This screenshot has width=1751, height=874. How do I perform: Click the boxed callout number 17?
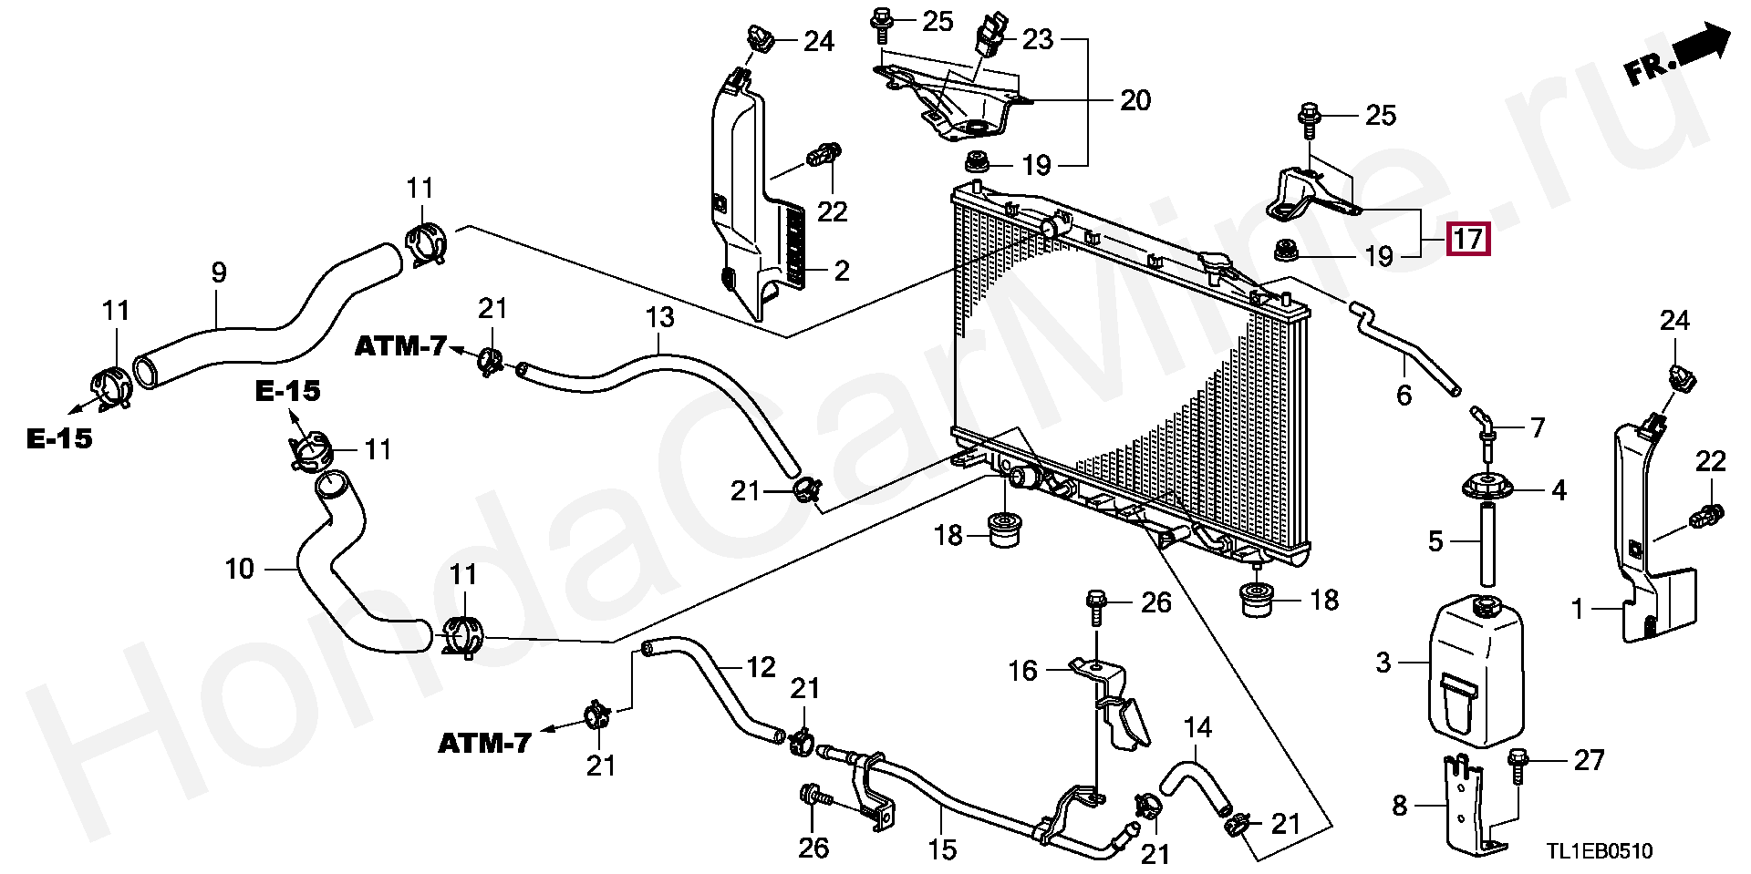(1467, 239)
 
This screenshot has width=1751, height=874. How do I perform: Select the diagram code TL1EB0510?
(1599, 851)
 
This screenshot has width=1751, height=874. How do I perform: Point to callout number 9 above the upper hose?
(219, 272)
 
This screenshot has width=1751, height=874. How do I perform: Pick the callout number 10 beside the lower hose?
(239, 569)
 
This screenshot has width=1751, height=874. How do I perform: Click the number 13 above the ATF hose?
(659, 317)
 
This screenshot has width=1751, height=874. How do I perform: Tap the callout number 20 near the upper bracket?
(1135, 100)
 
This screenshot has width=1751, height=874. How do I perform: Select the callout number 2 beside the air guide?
(841, 271)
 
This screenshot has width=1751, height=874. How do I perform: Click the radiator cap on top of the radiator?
(1215, 264)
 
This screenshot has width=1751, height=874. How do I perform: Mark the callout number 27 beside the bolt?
(1589, 759)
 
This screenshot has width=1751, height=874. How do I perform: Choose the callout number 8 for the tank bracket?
(1400, 805)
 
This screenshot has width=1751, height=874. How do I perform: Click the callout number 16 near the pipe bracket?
(1022, 671)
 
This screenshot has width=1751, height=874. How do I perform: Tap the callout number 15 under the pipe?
(942, 849)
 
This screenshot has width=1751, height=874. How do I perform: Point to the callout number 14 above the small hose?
(1197, 727)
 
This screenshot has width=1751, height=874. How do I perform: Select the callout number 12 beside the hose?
(761, 667)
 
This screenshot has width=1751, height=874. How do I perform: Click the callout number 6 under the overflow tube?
(1404, 395)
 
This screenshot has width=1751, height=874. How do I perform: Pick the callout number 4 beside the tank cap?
(1559, 490)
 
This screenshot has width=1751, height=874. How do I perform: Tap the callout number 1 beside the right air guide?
(1578, 608)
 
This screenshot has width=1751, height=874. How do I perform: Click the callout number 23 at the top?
(1038, 39)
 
